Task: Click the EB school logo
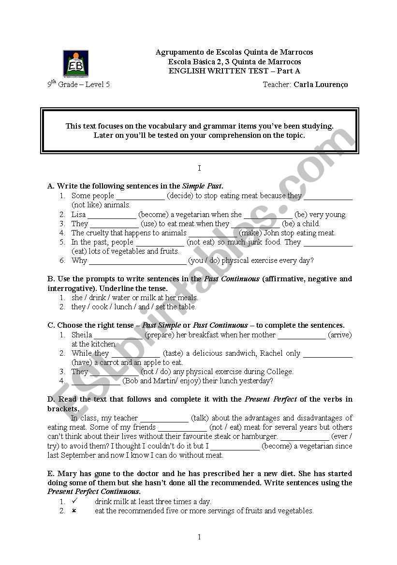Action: pyautogui.click(x=75, y=63)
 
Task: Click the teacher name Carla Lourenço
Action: pyautogui.click(x=320, y=85)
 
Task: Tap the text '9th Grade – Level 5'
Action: pyautogui.click(x=78, y=84)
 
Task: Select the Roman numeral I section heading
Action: pyautogui.click(x=199, y=168)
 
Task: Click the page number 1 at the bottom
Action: pyautogui.click(x=199, y=537)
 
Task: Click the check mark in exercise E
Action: pyautogui.click(x=74, y=501)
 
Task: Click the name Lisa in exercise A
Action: pyautogui.click(x=78, y=214)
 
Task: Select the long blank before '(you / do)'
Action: pyautogui.click(x=138, y=261)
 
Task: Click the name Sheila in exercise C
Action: pyautogui.click(x=82, y=334)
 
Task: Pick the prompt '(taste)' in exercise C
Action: pyautogui.click(x=173, y=353)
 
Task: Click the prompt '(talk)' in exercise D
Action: pyautogui.click(x=200, y=418)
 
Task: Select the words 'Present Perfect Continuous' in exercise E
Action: pyautogui.click(x=94, y=492)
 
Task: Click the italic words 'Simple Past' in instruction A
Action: pyautogui.click(x=202, y=186)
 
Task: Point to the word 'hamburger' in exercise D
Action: pyautogui.click(x=261, y=436)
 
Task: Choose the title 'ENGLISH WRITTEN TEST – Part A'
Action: pyautogui.click(x=234, y=71)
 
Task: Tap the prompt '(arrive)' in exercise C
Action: pyautogui.click(x=340, y=334)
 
